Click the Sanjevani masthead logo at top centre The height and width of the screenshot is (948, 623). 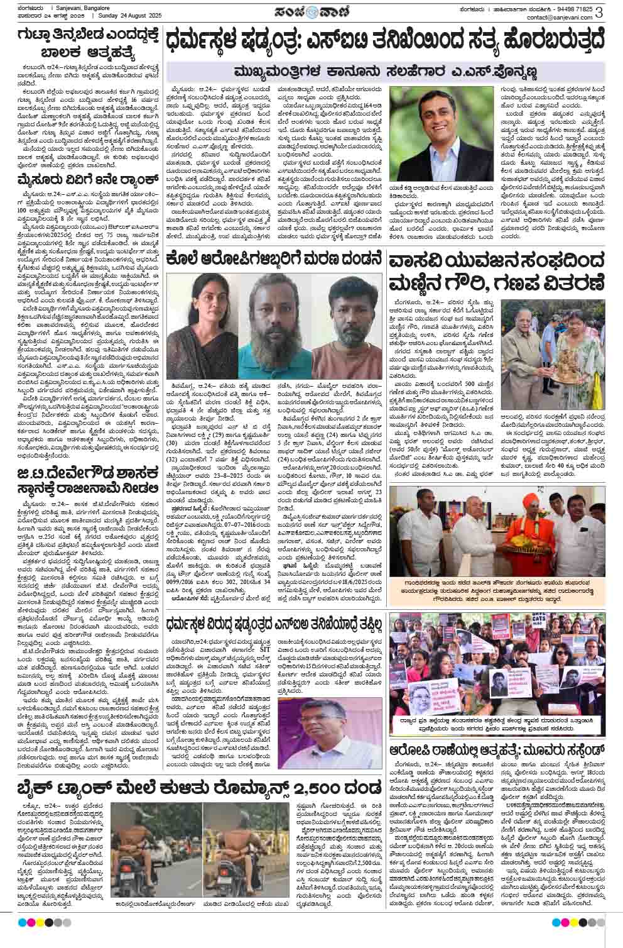[x=311, y=12]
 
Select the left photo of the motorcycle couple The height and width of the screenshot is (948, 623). [x=154, y=846]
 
